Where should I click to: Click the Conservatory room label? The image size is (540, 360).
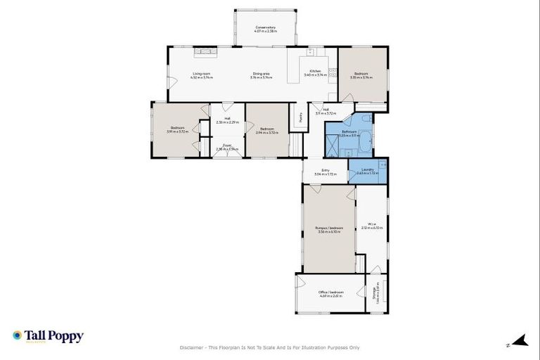(x=265, y=27)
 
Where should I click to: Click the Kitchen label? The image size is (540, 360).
(x=313, y=71)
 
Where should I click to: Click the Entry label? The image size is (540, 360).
(x=326, y=169)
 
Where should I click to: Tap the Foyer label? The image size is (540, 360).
(x=227, y=146)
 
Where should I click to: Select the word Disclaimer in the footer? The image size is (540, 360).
(x=193, y=347)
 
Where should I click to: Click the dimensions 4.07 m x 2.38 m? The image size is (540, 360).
(x=265, y=32)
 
